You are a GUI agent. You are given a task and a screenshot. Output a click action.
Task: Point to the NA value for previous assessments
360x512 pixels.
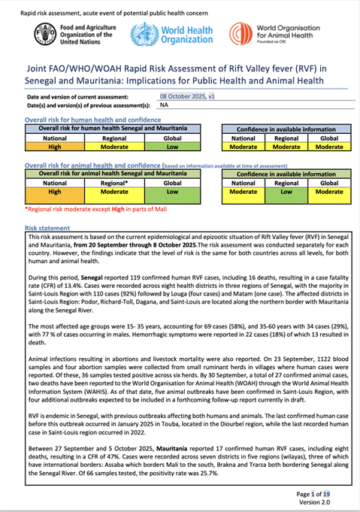(x=164, y=105)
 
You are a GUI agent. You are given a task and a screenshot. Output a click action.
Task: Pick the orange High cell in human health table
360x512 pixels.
(x=54, y=147)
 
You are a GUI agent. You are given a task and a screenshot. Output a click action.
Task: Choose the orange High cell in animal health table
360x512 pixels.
(x=54, y=192)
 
